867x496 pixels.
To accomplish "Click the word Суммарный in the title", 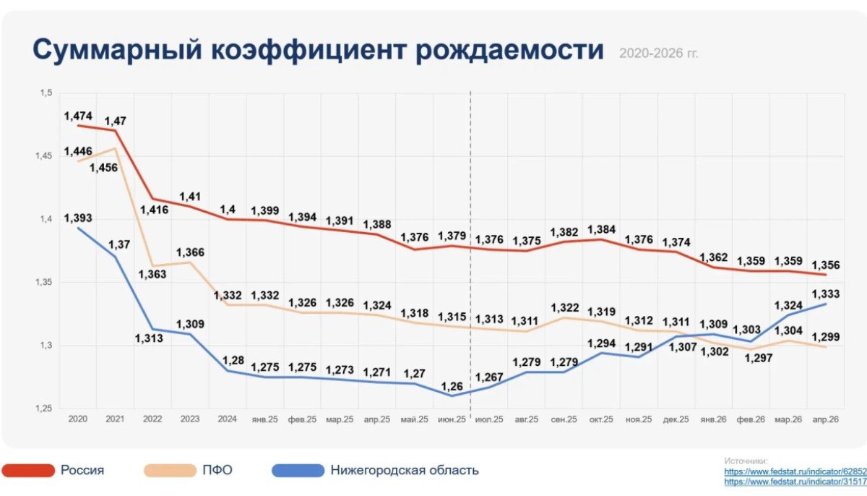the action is [x=117, y=51].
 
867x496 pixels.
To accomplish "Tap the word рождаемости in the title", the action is [x=509, y=51].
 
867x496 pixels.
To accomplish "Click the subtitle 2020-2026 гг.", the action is [x=659, y=53].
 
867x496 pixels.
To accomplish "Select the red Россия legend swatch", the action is [x=28, y=471].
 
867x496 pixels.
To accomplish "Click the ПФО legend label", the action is [x=217, y=470].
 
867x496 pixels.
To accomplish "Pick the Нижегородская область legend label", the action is [x=405, y=470].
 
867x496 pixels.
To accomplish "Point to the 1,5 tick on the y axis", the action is [x=46, y=93].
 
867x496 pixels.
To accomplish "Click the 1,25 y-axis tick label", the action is [x=44, y=409].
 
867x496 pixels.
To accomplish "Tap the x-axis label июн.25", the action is [x=452, y=419].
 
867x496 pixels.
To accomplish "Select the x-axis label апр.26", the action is [x=826, y=419].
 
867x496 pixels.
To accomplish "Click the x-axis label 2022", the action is [x=152, y=419].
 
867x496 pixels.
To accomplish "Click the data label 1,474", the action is [x=78, y=116].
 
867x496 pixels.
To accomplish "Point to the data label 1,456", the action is [x=103, y=168].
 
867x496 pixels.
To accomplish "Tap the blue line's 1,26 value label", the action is [x=452, y=386].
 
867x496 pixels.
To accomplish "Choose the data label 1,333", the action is [x=826, y=294].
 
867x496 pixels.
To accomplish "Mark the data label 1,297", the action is [x=759, y=358].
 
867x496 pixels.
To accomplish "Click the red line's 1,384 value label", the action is [x=601, y=230].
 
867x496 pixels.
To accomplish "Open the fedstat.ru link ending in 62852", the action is [x=795, y=471].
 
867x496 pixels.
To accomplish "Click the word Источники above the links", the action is [x=746, y=461].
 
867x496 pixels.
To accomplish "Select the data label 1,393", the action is [x=78, y=218].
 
